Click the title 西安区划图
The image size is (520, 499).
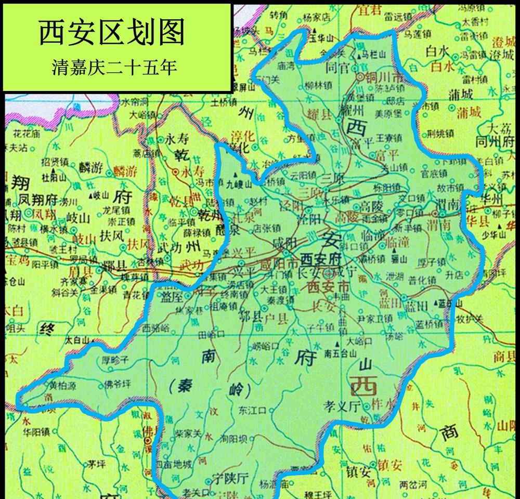112,32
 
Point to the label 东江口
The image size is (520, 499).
252,410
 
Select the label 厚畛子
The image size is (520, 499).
114,358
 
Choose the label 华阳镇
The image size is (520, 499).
36,431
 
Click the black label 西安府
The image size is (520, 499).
320,258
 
